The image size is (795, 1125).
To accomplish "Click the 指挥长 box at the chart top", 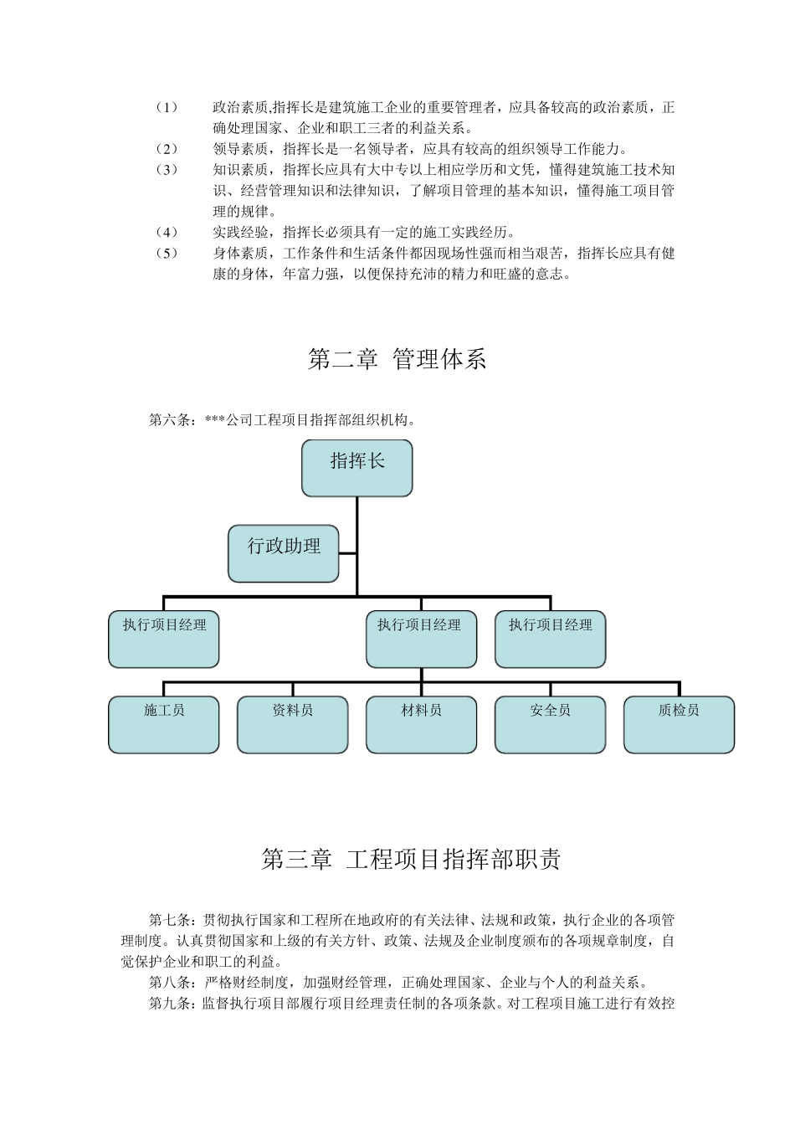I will (x=356, y=468).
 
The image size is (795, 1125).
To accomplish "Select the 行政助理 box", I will (x=284, y=553).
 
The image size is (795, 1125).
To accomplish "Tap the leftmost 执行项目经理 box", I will (x=164, y=639).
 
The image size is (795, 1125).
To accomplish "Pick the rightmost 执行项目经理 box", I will (x=550, y=639).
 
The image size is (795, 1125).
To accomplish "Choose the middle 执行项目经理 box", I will (x=421, y=639).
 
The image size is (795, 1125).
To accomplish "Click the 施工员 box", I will (x=164, y=725).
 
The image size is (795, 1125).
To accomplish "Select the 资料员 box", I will (x=293, y=725).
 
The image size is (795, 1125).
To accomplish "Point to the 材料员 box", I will (x=421, y=725).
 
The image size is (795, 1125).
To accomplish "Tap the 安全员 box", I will (x=550, y=725).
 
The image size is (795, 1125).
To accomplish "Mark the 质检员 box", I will (x=679, y=725).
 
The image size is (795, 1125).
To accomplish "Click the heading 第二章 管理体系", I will (x=397, y=360).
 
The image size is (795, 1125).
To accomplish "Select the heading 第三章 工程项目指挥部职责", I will (x=411, y=860).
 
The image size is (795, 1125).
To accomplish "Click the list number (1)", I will (x=167, y=108).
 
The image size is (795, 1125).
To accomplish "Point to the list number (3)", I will (x=167, y=170).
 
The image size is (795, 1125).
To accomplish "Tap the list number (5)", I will (x=167, y=253).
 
